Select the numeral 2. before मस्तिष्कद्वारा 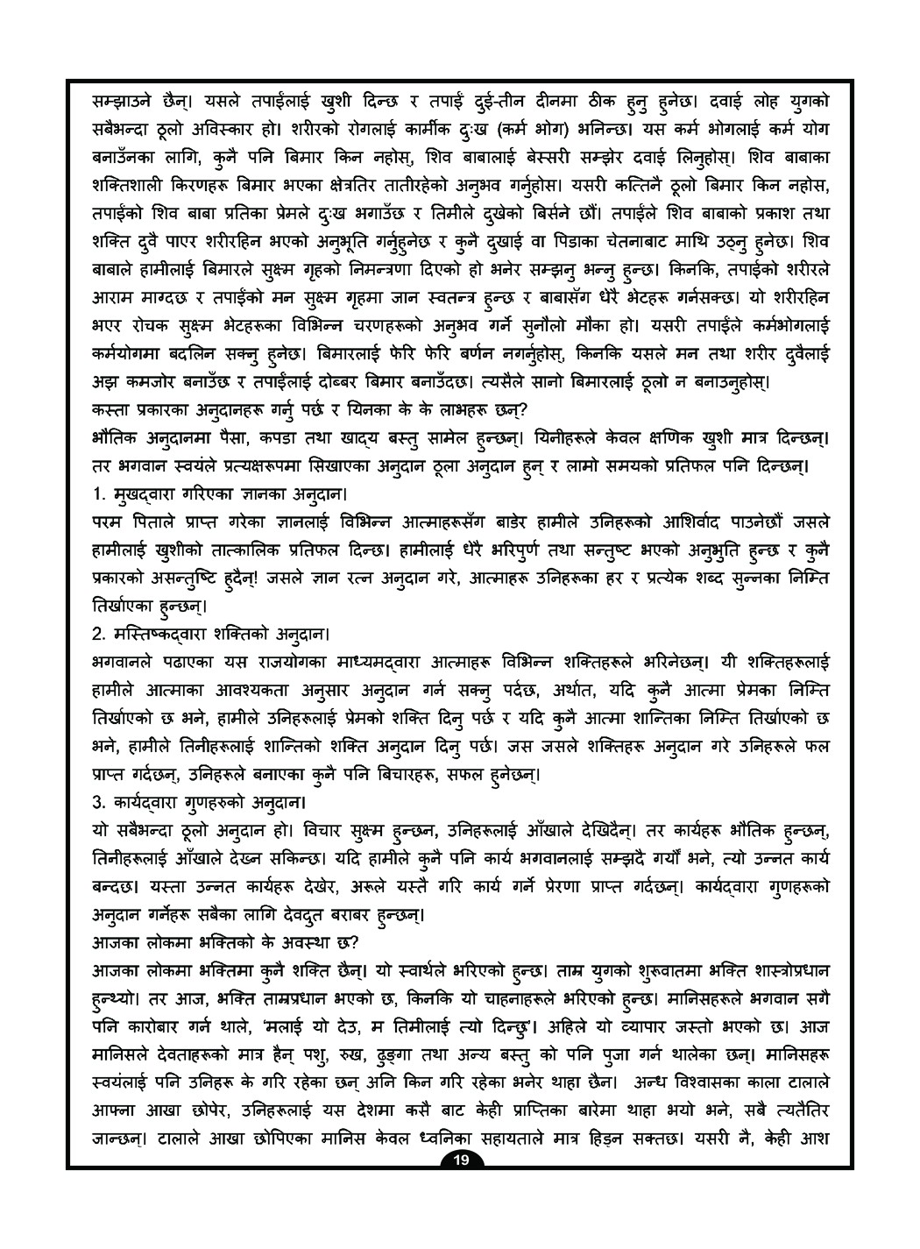(98, 631)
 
